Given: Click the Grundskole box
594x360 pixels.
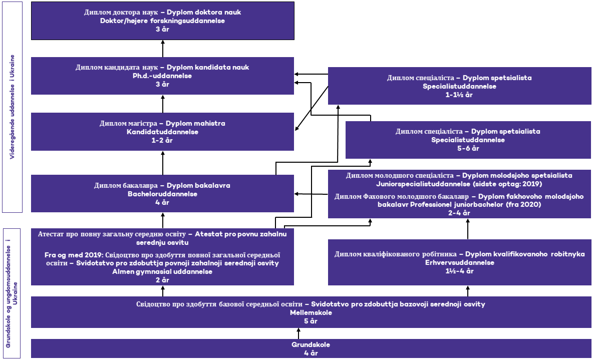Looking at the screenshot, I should pos(311,348).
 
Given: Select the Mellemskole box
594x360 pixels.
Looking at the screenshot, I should pos(311,312).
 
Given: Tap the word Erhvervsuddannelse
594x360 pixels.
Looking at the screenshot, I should pos(459,262).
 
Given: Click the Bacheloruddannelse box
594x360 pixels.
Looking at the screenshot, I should pos(162,193).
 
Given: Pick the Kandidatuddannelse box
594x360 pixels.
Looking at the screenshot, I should pos(162,132).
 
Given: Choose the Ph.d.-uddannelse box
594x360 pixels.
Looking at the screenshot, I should pos(162,76).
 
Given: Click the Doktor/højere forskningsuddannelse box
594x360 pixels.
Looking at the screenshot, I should pos(162,21).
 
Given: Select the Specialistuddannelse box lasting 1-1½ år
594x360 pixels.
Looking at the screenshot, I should pos(459,86).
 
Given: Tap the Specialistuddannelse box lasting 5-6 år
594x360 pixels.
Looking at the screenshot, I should pos(468,140).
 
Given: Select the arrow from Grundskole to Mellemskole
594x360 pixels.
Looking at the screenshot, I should pos(299,333).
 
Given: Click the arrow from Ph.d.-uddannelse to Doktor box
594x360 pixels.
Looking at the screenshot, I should pos(162,49).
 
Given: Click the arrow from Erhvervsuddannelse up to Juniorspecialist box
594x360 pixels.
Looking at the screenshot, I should pos(468,229).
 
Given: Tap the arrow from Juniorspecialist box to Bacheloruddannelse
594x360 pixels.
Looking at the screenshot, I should pos(311,194).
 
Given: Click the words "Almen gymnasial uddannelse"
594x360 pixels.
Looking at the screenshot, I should pos(162,272).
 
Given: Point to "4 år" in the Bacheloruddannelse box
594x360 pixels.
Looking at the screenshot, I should pos(162,202).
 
